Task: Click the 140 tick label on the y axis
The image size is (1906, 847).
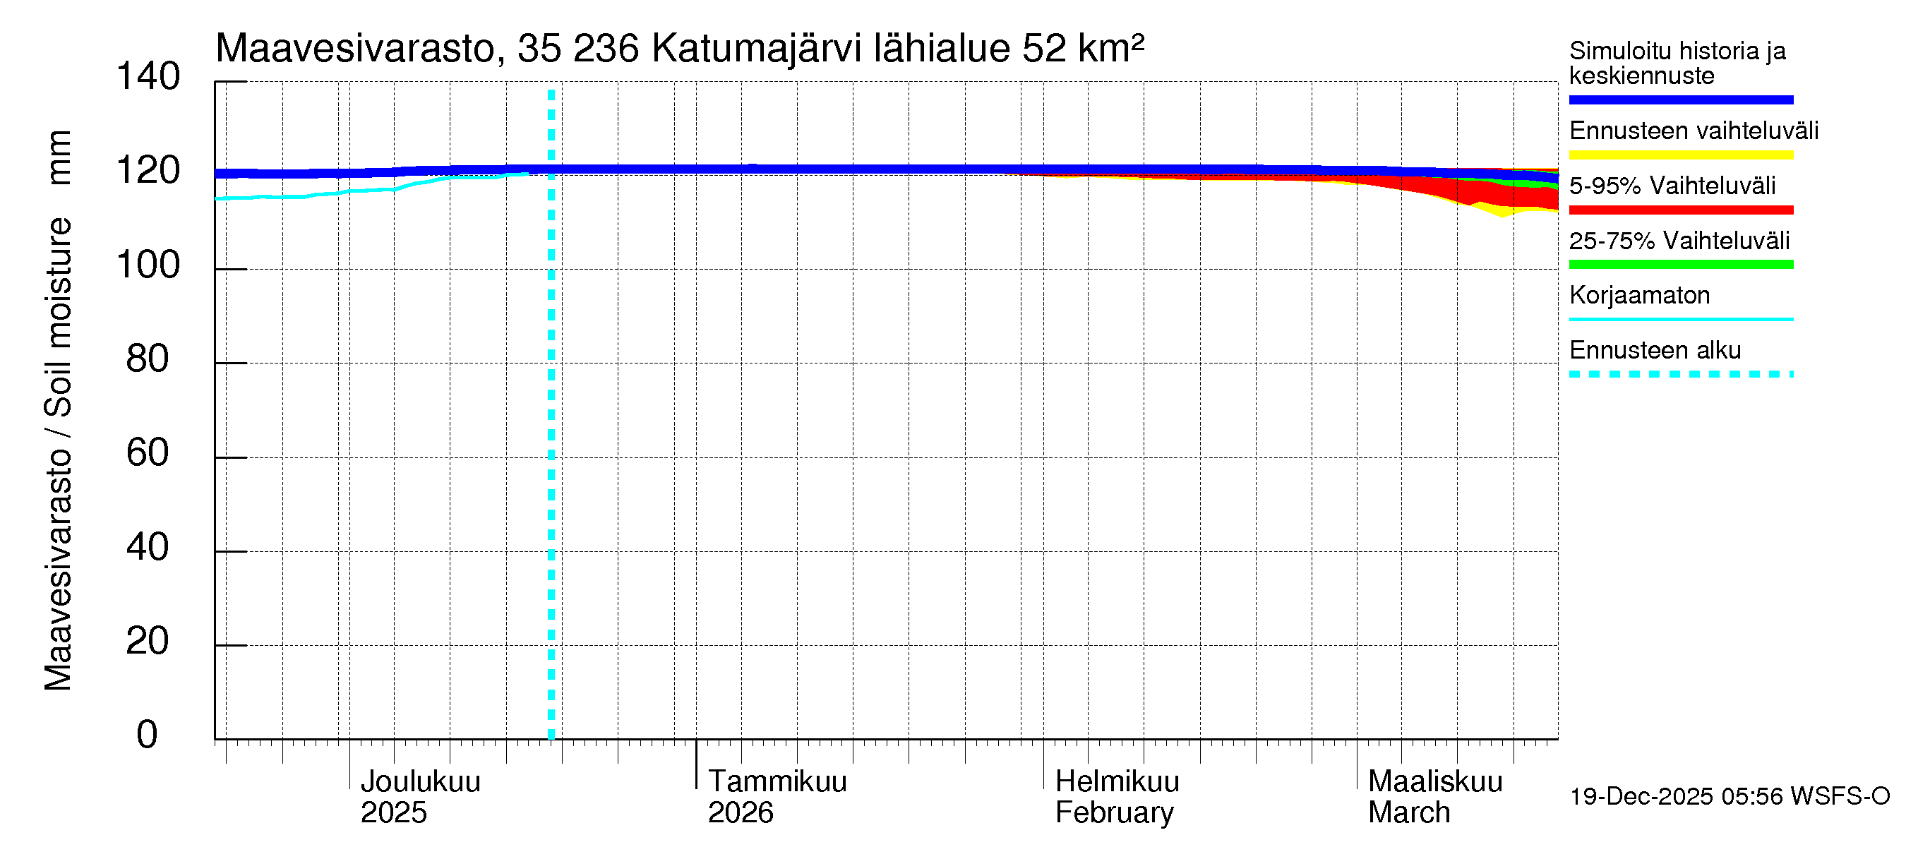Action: tap(148, 77)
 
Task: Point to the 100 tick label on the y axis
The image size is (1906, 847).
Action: tap(148, 265)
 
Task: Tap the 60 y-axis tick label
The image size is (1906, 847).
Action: tap(148, 452)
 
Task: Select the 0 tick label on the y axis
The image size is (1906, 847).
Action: tap(148, 735)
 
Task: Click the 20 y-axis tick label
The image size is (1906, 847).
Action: tap(148, 641)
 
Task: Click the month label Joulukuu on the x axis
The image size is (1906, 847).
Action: tap(420, 781)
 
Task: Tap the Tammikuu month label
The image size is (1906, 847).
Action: tap(777, 781)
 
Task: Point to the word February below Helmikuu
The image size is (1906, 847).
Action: tap(1114, 812)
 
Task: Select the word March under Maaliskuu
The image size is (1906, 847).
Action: tap(1409, 812)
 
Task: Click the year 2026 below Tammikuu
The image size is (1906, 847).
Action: tap(741, 812)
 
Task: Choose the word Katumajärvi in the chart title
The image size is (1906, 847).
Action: tap(756, 49)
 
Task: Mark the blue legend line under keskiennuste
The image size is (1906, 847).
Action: tap(1680, 100)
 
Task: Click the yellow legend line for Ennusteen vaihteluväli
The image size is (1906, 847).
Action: tap(1680, 155)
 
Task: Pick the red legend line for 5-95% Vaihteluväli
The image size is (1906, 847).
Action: tap(1680, 210)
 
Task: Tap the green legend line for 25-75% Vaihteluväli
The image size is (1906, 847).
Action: tap(1680, 265)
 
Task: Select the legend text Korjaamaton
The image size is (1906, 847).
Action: tap(1639, 295)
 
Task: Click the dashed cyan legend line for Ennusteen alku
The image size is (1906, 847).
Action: tap(1680, 374)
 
